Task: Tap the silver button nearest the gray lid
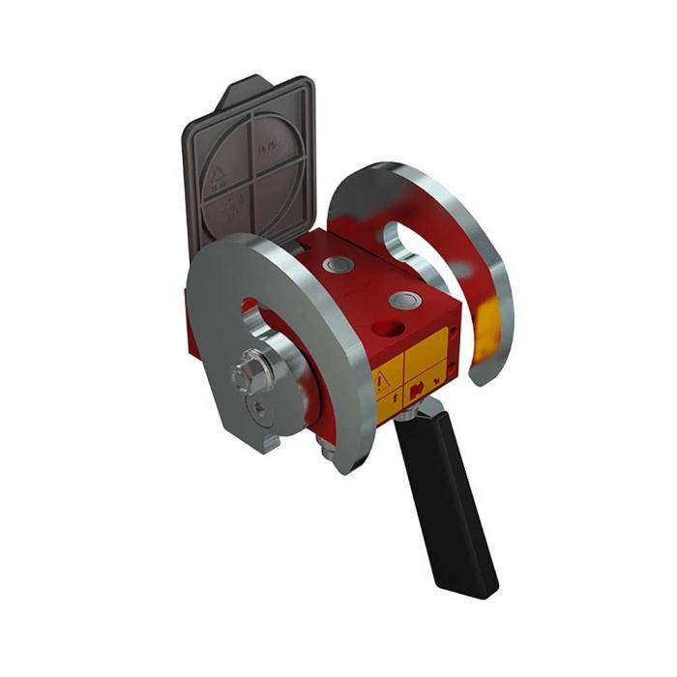tap(338, 263)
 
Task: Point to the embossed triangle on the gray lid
tap(217, 177)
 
